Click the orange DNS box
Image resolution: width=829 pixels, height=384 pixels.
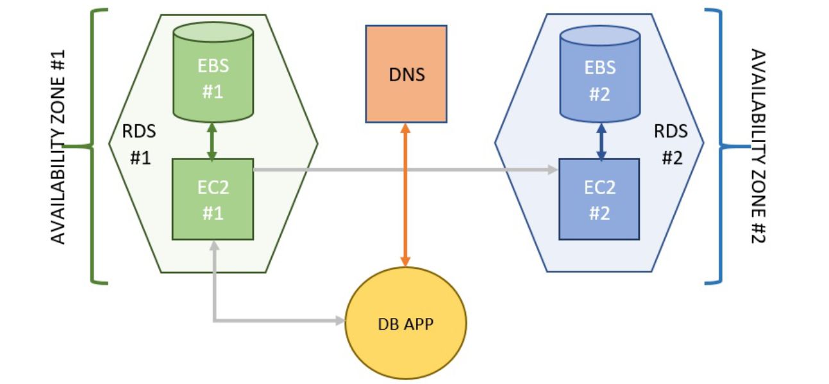[405, 74]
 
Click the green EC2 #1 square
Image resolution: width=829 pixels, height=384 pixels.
[212, 199]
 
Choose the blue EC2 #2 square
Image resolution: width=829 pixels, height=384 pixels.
[599, 199]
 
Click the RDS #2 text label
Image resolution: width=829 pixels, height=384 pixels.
[670, 144]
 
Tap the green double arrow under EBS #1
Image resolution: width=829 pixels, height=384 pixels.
[212, 141]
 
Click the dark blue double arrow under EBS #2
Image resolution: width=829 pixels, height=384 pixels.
[601, 141]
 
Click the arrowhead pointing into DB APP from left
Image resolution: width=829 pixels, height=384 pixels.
[340, 319]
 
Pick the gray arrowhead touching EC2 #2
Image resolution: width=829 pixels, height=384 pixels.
[553, 170]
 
